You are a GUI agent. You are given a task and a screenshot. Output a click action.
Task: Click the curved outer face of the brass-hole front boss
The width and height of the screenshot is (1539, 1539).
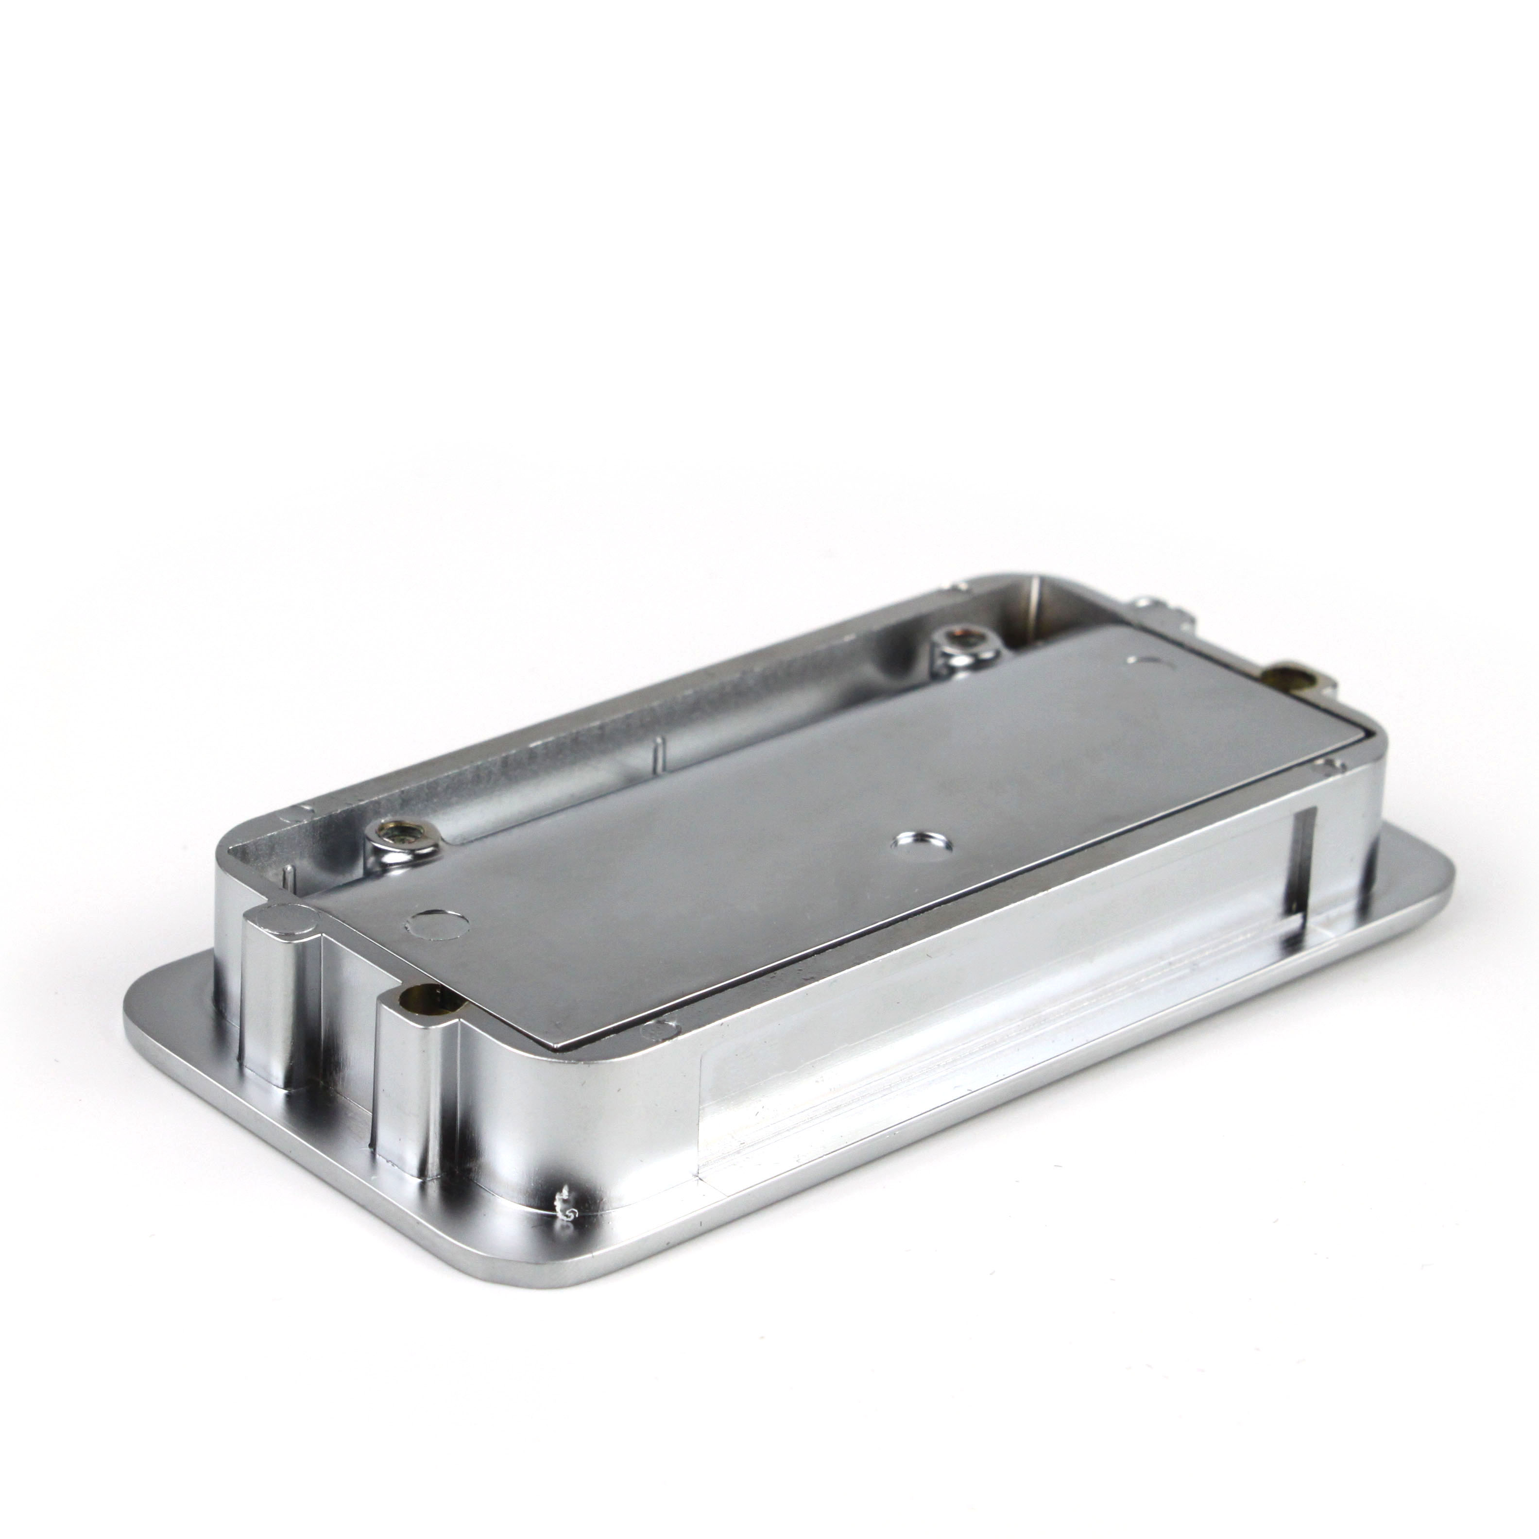(x=414, y=1076)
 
